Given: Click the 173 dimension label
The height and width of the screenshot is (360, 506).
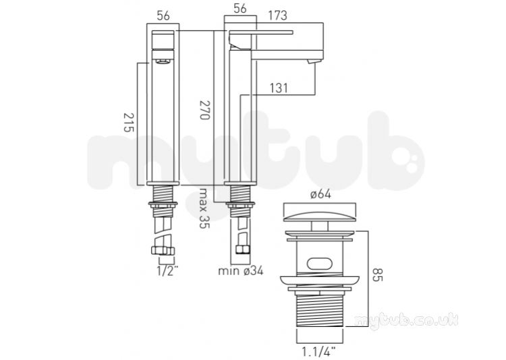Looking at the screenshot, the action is (277, 16).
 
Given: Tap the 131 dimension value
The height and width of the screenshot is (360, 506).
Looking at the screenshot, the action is (279, 88).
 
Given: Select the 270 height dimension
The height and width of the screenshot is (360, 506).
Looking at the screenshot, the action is (204, 110).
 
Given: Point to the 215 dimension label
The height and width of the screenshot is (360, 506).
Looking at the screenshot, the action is (128, 122).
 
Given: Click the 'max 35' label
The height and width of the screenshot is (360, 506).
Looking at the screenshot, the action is (204, 208).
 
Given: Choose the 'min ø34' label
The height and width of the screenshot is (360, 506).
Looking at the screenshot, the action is (241, 270).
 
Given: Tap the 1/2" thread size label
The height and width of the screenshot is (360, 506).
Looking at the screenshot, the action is (167, 270).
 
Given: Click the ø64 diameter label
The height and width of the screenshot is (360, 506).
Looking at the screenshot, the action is (320, 194).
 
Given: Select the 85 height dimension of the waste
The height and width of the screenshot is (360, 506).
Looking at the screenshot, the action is (377, 274).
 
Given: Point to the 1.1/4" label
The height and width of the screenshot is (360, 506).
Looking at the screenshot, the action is (319, 351).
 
